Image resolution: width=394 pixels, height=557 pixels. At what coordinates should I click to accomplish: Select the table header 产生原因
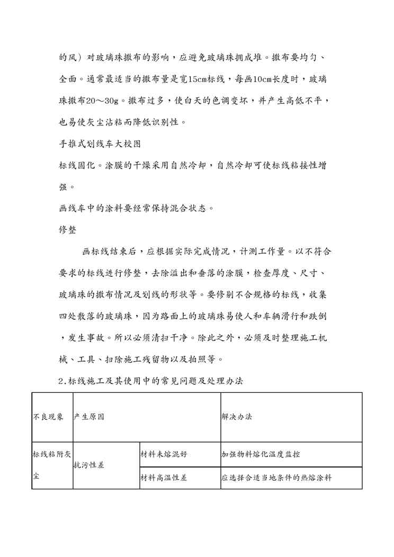pyautogui.click(x=89, y=417)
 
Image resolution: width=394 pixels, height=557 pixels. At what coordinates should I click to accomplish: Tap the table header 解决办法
pyautogui.click(x=237, y=417)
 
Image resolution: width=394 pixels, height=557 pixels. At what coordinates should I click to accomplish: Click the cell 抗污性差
pyautogui.click(x=89, y=465)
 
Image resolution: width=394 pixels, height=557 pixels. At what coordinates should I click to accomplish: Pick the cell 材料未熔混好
pyautogui.click(x=163, y=454)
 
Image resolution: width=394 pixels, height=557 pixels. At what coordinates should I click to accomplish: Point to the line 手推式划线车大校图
pyautogui.click(x=100, y=143)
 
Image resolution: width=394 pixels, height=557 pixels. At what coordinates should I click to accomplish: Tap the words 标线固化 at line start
pyautogui.click(x=76, y=165)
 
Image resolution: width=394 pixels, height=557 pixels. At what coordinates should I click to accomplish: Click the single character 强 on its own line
pyautogui.click(x=62, y=186)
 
